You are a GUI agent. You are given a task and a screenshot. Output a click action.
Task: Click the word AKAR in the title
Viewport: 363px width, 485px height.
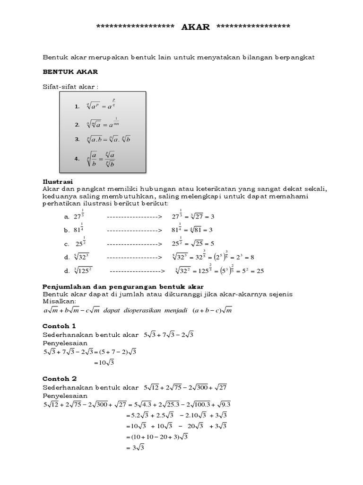196,27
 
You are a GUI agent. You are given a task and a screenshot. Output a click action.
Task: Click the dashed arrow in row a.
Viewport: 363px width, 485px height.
134,216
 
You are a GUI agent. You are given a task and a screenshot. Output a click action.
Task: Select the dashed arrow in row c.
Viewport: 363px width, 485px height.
134,244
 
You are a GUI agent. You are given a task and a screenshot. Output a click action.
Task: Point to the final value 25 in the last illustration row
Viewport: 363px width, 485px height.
259,271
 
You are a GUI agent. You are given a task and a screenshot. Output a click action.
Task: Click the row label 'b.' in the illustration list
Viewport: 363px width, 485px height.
67,230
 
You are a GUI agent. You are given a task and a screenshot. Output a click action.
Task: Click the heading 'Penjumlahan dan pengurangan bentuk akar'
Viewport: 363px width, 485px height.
123,287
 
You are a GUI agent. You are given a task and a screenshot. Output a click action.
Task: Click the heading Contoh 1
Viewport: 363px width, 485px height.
59,326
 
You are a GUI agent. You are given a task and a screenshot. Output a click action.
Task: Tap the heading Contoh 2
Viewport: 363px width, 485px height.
59,378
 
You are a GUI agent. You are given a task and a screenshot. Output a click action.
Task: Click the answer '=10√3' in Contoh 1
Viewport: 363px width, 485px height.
104,363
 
